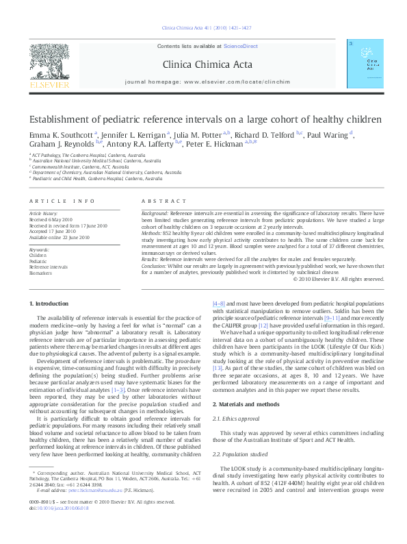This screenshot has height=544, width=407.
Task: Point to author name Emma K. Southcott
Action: [61, 135]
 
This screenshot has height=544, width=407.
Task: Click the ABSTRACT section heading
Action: [164, 201]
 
